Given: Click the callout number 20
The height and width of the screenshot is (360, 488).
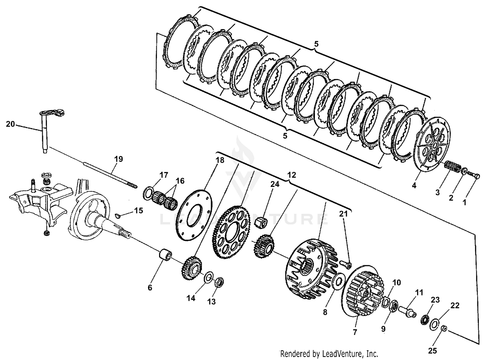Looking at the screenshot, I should click(x=10, y=124).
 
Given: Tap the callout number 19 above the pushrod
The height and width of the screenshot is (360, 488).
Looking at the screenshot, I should click(x=119, y=159).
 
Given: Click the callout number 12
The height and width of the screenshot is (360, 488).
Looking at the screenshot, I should click(x=291, y=175).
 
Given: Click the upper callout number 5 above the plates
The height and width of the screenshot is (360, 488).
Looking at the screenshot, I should click(x=316, y=44).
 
